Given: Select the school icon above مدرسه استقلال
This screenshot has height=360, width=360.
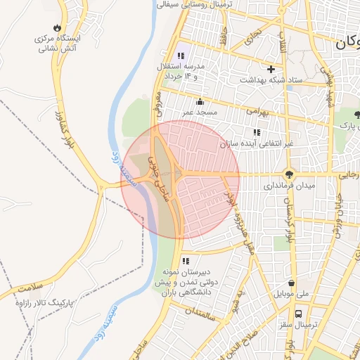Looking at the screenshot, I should tap(181, 56).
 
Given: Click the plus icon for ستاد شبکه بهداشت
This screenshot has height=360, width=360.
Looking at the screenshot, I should tap(271, 69).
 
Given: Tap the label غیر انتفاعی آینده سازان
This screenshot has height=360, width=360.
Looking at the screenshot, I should tap(256, 143).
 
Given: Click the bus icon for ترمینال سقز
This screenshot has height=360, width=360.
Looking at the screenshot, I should tap(299, 314).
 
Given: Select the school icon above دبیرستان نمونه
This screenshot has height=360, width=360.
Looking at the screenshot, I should tap(186, 262).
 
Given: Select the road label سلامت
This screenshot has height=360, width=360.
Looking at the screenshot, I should tap(31, 288).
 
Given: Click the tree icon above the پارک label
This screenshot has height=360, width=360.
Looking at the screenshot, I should tap(358, 115).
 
